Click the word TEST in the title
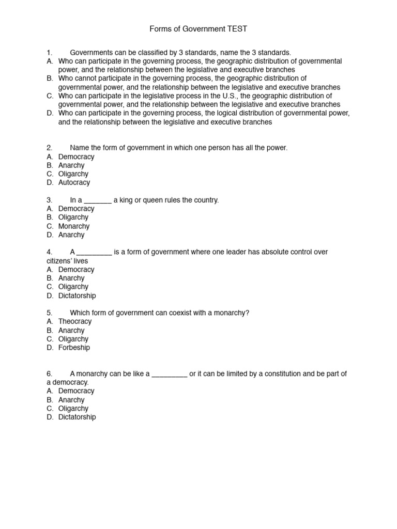coord(237,29)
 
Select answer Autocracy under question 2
coord(74,182)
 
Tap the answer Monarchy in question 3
coord(74,226)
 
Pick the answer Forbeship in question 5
coord(74,348)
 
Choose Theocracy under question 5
coord(75,321)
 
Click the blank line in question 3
coord(98,201)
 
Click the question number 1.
coord(50,52)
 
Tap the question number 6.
coord(50,374)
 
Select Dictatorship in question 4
coord(77,295)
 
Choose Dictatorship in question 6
coord(77,417)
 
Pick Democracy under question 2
coord(76,157)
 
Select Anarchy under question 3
coord(71,235)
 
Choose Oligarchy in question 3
coord(73,217)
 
